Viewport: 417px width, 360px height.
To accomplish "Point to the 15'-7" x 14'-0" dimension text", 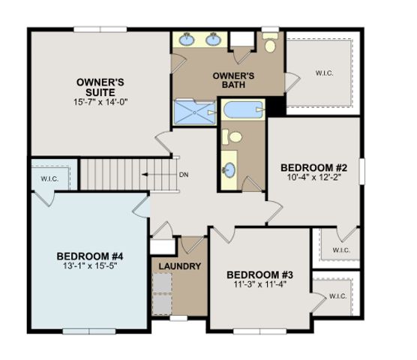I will click(100, 102).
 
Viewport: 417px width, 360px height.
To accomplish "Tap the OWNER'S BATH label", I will click(233, 81).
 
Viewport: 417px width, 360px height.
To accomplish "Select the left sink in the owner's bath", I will click(187, 40).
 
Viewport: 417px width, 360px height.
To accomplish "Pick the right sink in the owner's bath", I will click(214, 40).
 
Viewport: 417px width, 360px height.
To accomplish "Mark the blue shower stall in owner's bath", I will click(194, 113).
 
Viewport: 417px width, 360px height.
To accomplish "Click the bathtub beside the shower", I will click(241, 111).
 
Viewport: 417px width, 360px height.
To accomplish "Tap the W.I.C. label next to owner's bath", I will click(324, 73).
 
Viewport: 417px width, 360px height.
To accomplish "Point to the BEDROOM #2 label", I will click(312, 167).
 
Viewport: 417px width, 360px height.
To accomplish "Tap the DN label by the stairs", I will click(184, 175).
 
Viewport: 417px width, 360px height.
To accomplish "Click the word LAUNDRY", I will click(179, 266).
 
